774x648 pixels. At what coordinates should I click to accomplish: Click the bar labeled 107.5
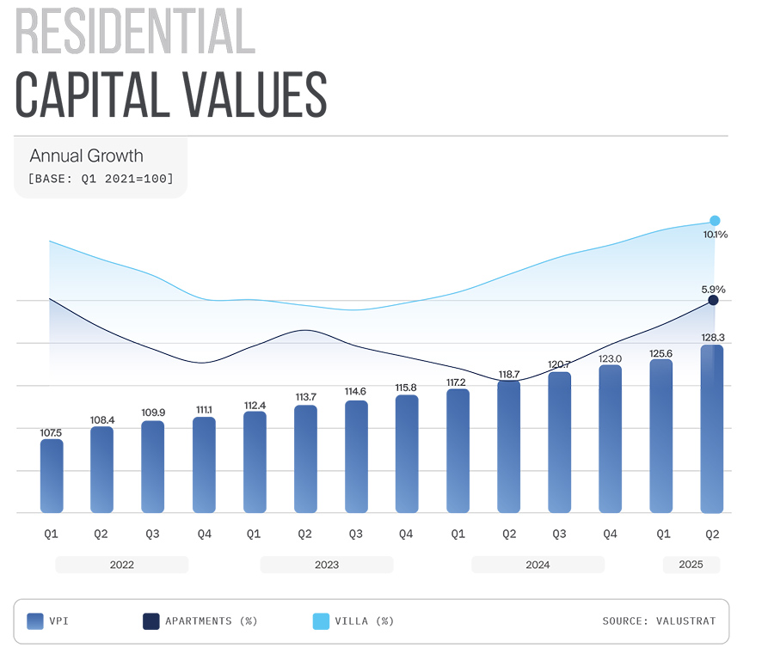52,476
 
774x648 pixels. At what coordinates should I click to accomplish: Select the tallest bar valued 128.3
712,429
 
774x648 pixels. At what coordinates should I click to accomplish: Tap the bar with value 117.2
458,451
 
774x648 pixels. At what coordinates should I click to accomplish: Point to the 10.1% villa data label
716,235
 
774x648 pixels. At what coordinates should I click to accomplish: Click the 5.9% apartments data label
713,290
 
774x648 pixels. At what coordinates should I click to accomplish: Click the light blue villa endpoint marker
715,221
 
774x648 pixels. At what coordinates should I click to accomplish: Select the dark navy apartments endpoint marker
713,301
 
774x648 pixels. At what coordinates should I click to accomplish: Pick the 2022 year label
121,565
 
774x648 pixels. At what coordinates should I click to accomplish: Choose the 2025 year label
691,565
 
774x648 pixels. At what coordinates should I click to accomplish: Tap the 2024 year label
537,565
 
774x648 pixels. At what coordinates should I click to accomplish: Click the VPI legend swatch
35,620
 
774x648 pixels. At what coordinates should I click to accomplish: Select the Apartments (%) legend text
211,620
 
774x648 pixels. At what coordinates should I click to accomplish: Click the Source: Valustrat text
659,620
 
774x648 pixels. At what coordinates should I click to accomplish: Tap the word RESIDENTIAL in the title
135,34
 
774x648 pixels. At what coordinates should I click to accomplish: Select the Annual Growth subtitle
86,156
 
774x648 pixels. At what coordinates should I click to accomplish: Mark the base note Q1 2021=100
101,179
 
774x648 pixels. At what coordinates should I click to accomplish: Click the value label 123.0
610,357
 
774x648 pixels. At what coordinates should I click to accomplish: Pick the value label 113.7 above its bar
305,397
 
